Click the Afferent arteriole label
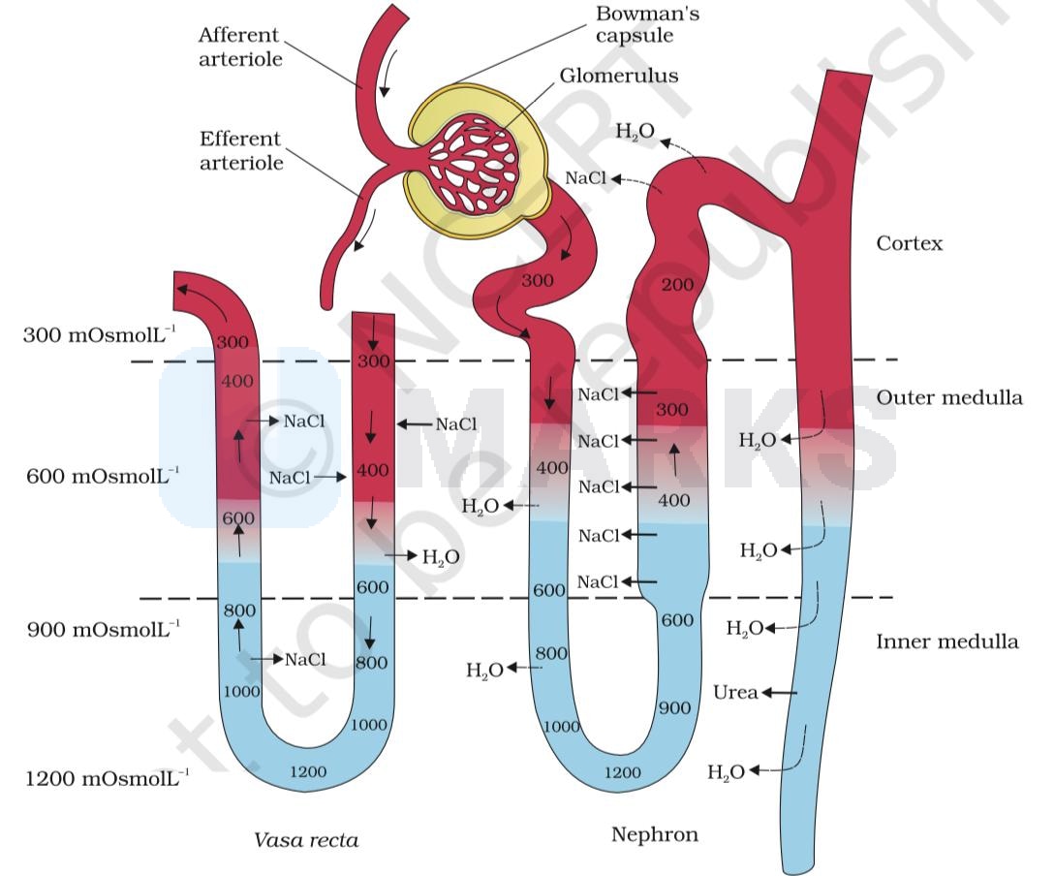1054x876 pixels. click(239, 47)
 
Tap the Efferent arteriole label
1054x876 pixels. click(240, 150)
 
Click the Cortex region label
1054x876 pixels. click(909, 243)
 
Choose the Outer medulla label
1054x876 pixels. click(948, 397)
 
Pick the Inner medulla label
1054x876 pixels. click(946, 641)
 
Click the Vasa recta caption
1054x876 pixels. click(306, 840)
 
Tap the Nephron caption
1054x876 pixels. click(654, 834)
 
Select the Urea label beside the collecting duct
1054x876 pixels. click(735, 692)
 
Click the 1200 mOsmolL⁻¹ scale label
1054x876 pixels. click(108, 777)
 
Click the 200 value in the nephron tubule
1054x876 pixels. click(677, 284)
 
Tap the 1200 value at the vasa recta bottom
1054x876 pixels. click(308, 771)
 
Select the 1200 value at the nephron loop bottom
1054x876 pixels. click(622, 772)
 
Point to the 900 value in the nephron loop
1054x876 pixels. click(674, 708)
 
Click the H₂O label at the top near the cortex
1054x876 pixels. click(635, 131)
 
